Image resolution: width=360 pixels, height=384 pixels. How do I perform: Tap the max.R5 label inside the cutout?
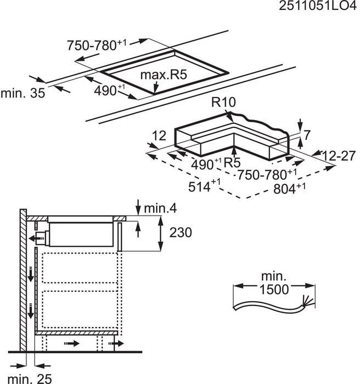(x=163, y=75)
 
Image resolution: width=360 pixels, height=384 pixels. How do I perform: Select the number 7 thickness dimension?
(x=307, y=133)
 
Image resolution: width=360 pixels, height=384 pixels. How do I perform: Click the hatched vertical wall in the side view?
(x=22, y=280)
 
